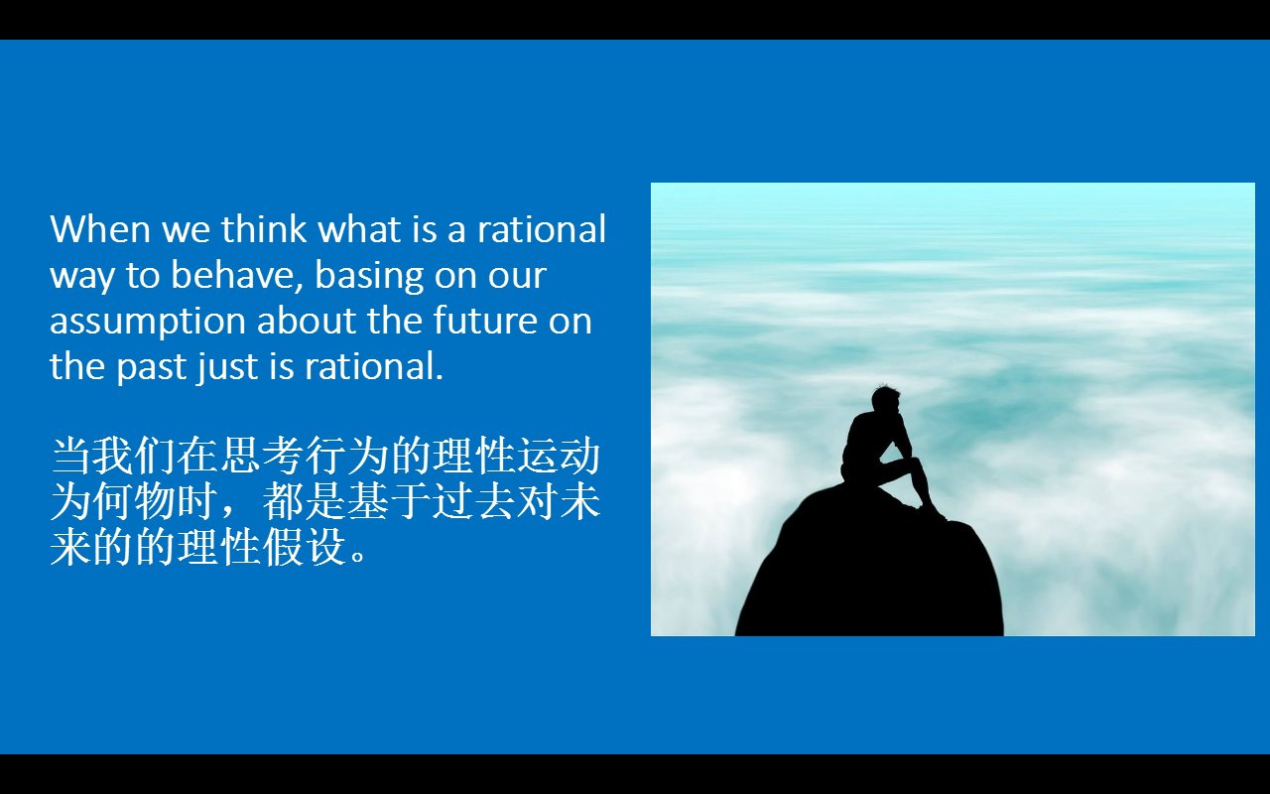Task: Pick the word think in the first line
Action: (264, 229)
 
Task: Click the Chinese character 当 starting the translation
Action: (70, 458)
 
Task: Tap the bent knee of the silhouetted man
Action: (911, 463)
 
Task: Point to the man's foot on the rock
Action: (933, 513)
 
